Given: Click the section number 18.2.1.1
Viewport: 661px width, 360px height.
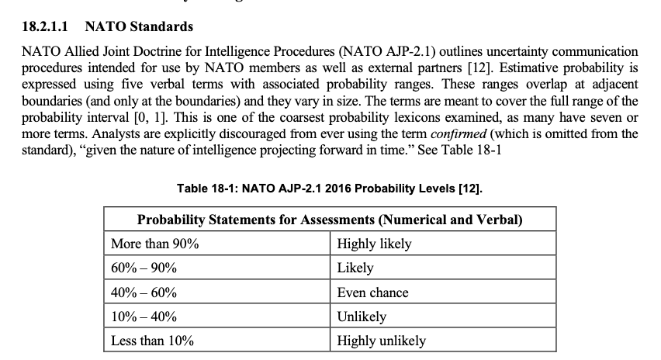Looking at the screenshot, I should (45, 27).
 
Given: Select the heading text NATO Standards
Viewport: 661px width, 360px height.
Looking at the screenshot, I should (139, 27).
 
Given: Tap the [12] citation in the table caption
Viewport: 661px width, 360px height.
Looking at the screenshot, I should (472, 188).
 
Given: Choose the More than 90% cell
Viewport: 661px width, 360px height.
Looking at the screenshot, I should (155, 244).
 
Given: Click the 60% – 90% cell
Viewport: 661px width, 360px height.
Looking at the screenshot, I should (144, 268).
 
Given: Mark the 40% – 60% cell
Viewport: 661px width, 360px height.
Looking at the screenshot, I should (144, 292).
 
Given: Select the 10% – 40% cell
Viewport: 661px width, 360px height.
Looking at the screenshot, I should (144, 317).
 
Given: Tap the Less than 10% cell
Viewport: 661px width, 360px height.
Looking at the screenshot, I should (153, 341).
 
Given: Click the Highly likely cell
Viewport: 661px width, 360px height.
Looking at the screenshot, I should (374, 244).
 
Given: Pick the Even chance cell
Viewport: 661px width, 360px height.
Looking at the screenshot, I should (372, 292).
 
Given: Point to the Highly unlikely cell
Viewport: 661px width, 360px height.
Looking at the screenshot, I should (381, 341).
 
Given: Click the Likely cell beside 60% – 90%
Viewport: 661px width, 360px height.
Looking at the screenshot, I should (355, 268).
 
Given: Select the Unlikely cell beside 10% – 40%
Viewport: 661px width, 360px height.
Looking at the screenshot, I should (362, 317).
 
